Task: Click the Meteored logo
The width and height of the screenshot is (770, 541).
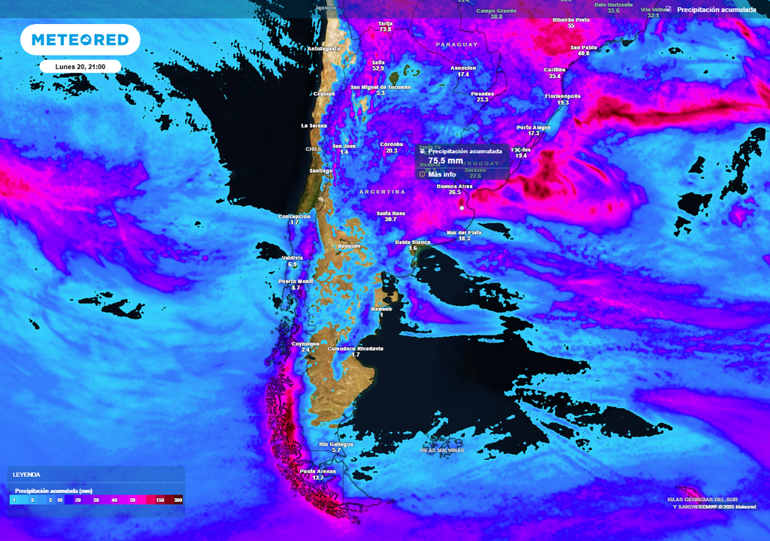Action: [x=80, y=40]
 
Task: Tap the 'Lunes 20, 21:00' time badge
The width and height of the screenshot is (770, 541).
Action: [x=80, y=67]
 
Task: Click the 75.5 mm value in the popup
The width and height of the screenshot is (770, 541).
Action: [x=445, y=161]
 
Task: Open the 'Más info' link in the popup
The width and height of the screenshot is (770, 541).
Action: [x=441, y=174]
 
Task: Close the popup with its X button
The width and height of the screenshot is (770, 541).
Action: [x=516, y=150]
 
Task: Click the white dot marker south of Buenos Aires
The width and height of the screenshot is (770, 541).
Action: [x=462, y=207]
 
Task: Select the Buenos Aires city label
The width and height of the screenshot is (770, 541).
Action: [x=454, y=186]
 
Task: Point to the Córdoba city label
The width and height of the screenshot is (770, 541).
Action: [x=391, y=144]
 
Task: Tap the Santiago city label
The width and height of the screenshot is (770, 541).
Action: [x=320, y=171]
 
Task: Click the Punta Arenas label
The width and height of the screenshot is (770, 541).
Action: [x=317, y=471]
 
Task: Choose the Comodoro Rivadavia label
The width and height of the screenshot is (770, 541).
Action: [x=356, y=349]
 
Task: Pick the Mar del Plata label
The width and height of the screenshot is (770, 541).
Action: [x=464, y=232]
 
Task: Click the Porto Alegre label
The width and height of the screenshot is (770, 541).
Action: [x=533, y=128]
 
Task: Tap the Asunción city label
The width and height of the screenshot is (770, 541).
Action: [x=463, y=68]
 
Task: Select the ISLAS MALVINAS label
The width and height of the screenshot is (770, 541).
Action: [x=442, y=450]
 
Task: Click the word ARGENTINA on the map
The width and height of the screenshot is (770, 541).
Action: [x=382, y=192]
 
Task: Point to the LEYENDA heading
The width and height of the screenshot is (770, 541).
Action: [x=26, y=475]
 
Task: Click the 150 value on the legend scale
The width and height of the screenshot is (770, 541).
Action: [x=160, y=500]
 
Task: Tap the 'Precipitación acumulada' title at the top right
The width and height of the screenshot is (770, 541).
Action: [x=715, y=10]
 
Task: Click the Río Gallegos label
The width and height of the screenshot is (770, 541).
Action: [x=335, y=444]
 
